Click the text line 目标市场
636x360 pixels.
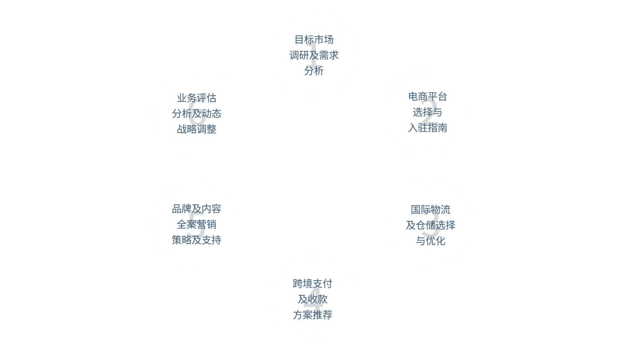tap(314, 40)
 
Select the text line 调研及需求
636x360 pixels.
tap(314, 55)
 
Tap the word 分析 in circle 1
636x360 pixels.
tap(314, 71)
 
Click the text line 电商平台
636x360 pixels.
tap(427, 97)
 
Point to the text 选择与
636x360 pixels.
tap(427, 112)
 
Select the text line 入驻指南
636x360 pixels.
tap(427, 128)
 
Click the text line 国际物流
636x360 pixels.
tap(430, 209)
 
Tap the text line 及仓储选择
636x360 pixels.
tap(430, 225)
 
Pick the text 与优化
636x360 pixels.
tap(430, 241)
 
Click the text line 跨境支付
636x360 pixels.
tap(312, 284)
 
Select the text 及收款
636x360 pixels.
tap(312, 299)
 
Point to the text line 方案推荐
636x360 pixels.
tap(312, 315)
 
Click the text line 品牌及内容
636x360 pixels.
tap(196, 209)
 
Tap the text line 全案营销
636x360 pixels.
tap(196, 225)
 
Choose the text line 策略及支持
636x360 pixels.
tap(196, 240)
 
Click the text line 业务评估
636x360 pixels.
tap(196, 98)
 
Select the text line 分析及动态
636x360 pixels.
tap(196, 114)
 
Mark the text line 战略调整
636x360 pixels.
tap(196, 129)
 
